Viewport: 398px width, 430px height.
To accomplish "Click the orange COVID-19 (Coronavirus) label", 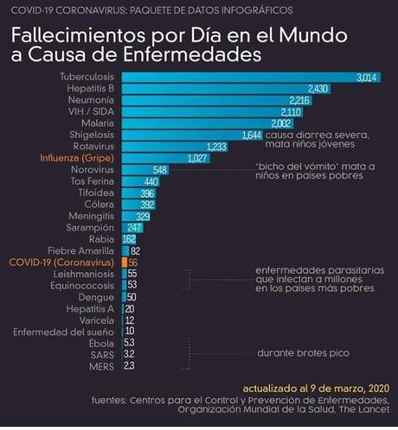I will coord(63,261).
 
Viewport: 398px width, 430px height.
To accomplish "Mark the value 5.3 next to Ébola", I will coord(129,341).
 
